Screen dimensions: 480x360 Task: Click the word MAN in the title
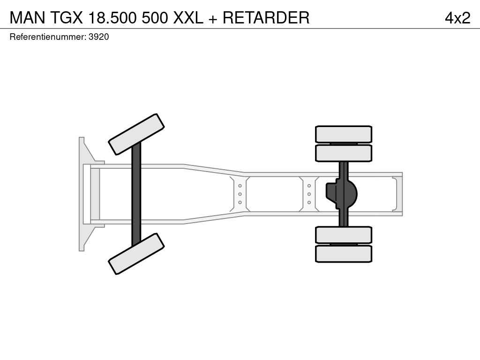(x=28, y=17)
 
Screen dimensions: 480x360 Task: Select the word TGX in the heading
(x=67, y=17)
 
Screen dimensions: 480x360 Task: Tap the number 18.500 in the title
(x=112, y=17)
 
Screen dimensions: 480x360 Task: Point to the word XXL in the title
(x=188, y=17)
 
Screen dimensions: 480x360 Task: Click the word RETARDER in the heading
(x=266, y=17)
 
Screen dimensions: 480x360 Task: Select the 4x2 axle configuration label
(x=457, y=18)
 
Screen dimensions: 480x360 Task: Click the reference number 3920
(x=98, y=37)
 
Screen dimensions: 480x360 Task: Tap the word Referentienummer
(x=48, y=37)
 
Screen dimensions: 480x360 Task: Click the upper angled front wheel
(x=136, y=135)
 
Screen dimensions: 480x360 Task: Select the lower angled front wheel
(x=136, y=254)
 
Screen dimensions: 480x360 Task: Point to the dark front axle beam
(x=136, y=194)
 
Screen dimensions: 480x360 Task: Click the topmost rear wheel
(x=344, y=134)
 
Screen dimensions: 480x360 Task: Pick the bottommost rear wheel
(x=344, y=254)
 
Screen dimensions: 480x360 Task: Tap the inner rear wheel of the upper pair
(x=344, y=153)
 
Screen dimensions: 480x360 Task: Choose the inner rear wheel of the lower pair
(x=344, y=235)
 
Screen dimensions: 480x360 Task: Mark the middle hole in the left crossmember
(x=240, y=194)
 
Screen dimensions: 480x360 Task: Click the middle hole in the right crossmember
(x=309, y=194)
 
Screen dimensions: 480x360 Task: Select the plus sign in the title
(x=213, y=19)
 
